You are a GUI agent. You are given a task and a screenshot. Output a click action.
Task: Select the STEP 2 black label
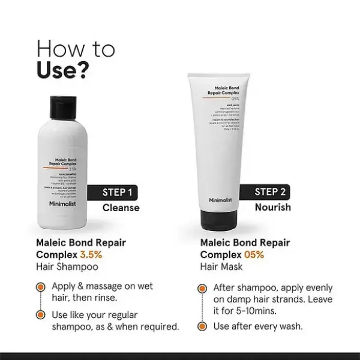pyautogui.click(x=269, y=192)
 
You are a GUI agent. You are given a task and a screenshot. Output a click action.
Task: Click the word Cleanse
pyautogui.click(x=121, y=208)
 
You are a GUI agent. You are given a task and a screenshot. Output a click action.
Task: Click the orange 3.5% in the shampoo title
pyautogui.click(x=92, y=254)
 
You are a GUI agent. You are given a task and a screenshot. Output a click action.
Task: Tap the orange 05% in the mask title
pyautogui.click(x=254, y=254)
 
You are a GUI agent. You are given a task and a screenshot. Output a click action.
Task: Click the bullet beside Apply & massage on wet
pyautogui.click(x=41, y=287)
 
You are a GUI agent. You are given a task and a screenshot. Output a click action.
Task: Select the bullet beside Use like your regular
pyautogui.click(x=41, y=315)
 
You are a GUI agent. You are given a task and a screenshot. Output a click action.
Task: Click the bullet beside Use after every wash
pyautogui.click(x=203, y=326)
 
